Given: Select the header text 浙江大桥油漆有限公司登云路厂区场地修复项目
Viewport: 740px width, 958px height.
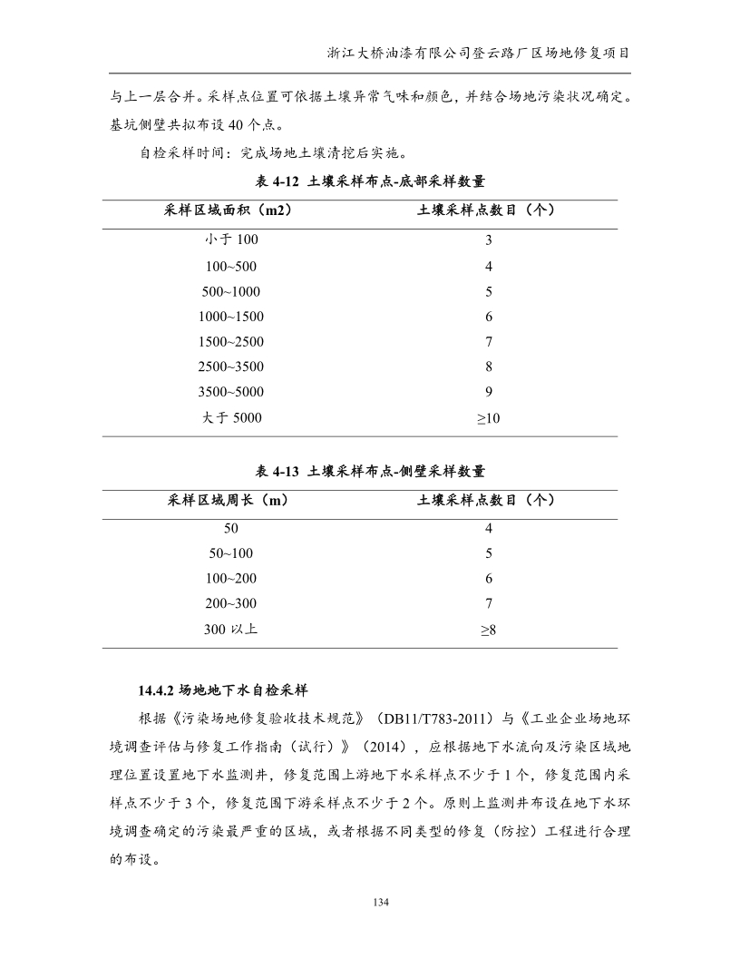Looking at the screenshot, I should click(x=479, y=53).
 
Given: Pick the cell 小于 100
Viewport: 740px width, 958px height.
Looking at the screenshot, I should click(x=231, y=240).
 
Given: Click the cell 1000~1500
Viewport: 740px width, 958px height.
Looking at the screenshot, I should click(x=231, y=317).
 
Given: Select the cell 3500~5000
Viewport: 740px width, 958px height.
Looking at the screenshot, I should click(x=231, y=393).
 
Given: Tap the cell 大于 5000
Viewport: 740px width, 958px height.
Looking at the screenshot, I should click(x=231, y=418).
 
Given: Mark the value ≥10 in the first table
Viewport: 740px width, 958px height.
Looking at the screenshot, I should click(x=488, y=418).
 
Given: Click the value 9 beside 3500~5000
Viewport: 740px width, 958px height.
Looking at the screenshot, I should click(x=488, y=393).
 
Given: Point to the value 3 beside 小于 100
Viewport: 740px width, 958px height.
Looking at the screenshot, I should click(x=488, y=240).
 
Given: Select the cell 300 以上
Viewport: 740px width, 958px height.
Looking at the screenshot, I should click(x=231, y=629).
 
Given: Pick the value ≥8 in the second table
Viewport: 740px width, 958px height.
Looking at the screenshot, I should click(x=488, y=629).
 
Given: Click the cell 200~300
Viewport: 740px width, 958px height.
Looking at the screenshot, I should click(x=231, y=603).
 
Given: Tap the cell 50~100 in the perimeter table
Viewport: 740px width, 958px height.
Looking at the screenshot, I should click(x=231, y=552).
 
